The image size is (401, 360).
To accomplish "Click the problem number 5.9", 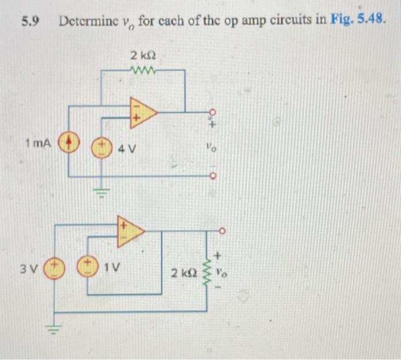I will [29, 22].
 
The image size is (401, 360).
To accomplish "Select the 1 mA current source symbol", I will [69, 142].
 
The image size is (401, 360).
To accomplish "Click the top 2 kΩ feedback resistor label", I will [143, 57].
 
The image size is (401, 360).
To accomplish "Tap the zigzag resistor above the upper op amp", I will [142, 70].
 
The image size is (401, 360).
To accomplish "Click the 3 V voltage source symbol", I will [55, 268].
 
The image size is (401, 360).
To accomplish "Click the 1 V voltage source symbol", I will [87, 268].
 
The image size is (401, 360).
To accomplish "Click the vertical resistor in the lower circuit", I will [206, 270].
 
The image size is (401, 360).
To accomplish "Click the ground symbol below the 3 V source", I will [55, 331].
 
